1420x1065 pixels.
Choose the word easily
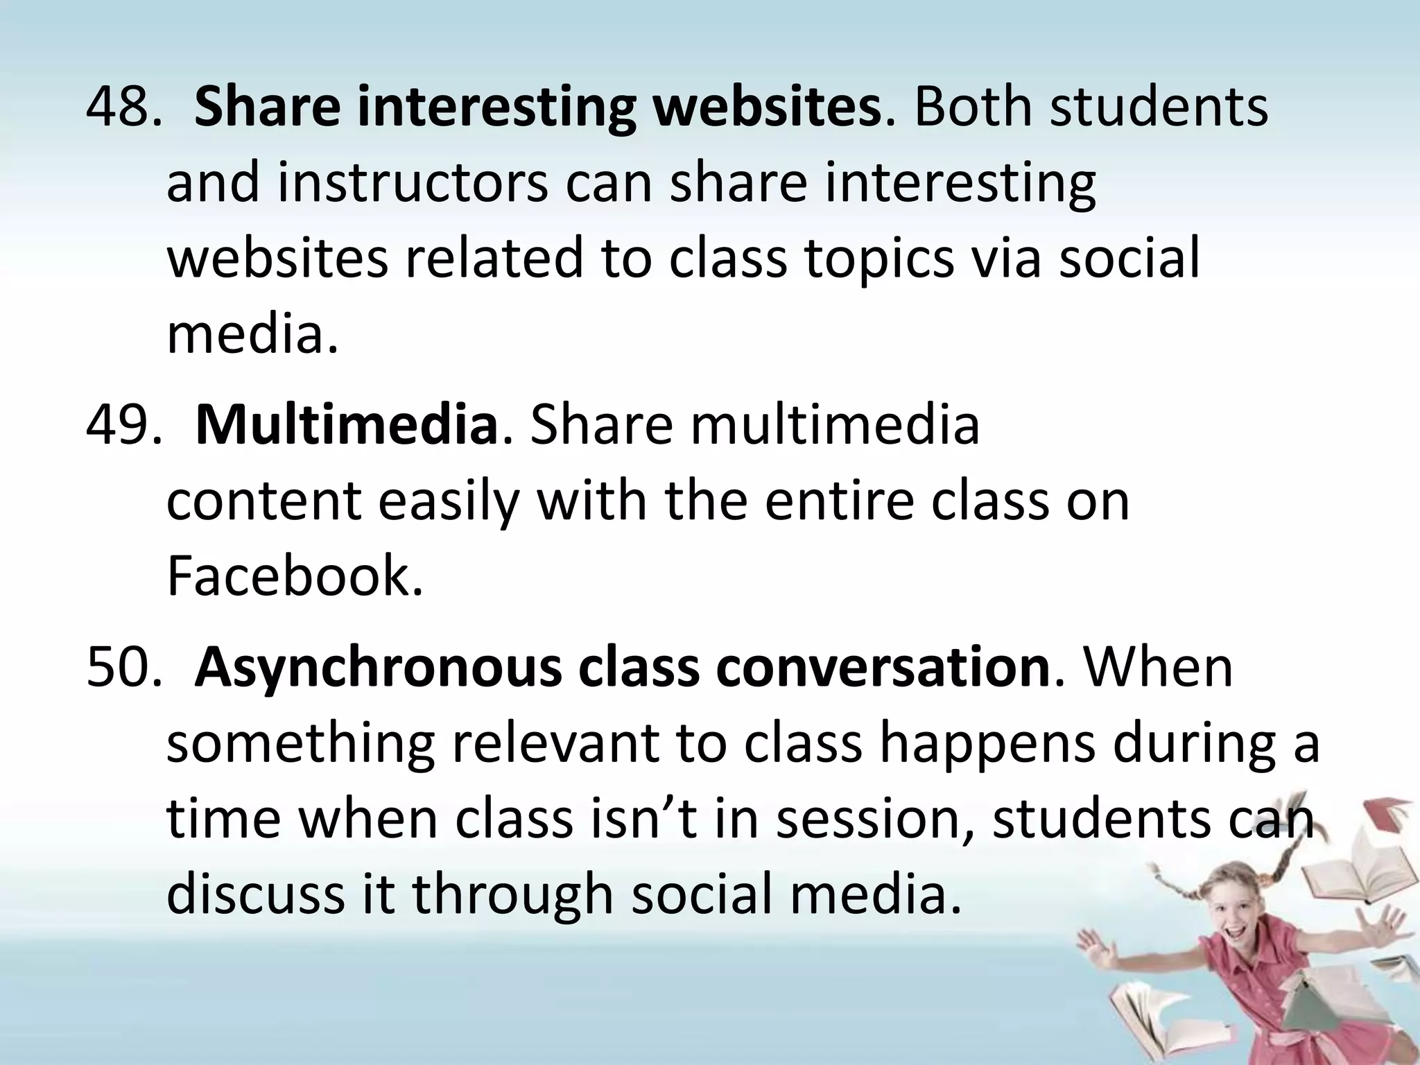pyautogui.click(x=448, y=501)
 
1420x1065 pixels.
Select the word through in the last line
pyautogui.click(x=513, y=894)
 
